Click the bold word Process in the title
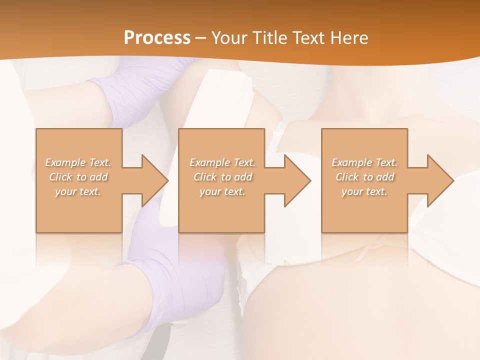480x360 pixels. [157, 38]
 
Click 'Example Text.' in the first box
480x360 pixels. [78, 162]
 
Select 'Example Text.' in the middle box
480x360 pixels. [222, 162]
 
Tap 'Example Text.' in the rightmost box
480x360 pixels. [364, 162]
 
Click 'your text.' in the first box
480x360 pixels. [78, 192]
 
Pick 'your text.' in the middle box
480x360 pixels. [222, 192]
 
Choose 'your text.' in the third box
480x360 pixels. [364, 192]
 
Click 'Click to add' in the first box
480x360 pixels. [78, 177]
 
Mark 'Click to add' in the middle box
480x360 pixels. [222, 177]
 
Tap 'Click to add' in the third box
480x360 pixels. [364, 177]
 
